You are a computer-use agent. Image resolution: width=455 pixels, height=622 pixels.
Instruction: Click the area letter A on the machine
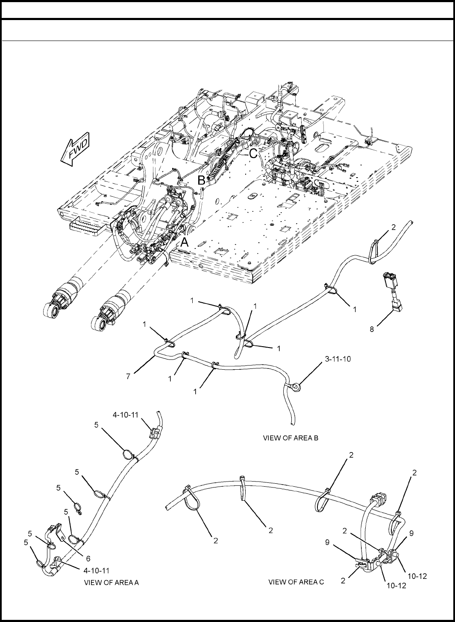tap(184, 242)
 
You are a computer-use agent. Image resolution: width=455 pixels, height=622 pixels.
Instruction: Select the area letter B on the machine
tap(201, 181)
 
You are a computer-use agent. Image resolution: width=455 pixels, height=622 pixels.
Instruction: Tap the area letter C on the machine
tap(253, 154)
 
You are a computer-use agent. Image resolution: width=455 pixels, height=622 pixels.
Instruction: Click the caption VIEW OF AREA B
tap(291, 438)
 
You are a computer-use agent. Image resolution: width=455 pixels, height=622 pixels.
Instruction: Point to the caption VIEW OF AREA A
tap(111, 582)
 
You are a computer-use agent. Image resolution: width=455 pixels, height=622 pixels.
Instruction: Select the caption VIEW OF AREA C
tap(296, 581)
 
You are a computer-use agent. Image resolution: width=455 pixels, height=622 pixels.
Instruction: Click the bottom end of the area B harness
tap(292, 422)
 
